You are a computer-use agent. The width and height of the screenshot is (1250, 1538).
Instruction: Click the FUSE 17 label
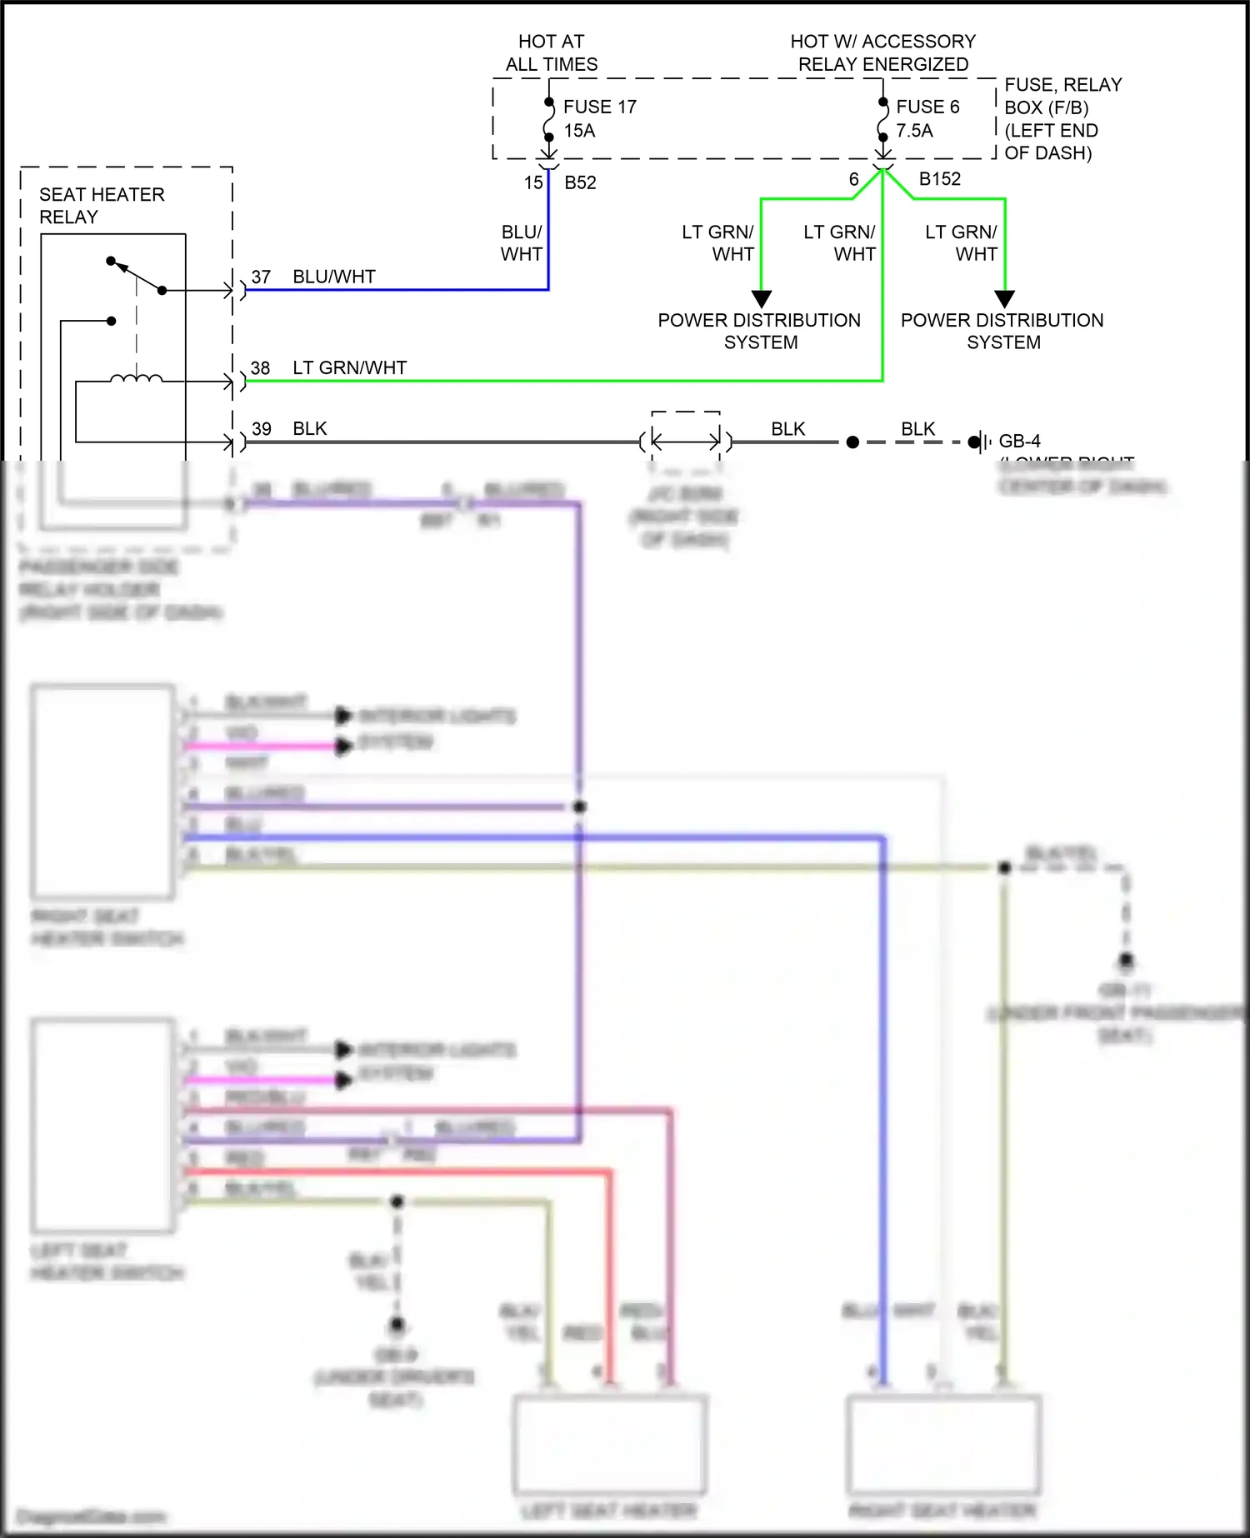599,107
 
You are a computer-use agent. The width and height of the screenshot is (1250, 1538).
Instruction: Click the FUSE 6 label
927,107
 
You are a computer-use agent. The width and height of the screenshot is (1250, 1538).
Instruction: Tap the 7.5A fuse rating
914,131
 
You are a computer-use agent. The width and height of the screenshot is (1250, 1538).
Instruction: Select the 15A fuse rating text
579,131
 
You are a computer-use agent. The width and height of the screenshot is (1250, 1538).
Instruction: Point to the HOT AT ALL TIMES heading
551,52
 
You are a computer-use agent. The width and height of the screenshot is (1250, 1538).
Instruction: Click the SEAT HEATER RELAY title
101,205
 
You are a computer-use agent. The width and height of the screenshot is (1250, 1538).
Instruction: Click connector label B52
580,182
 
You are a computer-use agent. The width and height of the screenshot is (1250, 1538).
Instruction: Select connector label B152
939,179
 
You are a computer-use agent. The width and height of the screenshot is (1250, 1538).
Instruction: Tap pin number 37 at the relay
261,277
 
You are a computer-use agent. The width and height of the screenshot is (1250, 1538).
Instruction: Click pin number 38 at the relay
260,368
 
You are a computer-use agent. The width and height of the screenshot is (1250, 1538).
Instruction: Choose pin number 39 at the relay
261,429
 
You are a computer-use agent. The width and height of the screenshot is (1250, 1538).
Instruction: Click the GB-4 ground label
1019,441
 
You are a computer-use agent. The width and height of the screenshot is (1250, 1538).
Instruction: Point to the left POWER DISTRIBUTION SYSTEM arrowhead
762,298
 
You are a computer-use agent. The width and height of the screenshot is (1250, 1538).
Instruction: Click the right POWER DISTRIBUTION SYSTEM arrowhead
1005,298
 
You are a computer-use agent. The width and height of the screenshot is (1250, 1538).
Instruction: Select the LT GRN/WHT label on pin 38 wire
349,368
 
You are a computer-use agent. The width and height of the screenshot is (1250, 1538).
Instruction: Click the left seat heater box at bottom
610,1445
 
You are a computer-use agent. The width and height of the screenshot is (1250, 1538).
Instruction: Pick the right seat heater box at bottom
943,1445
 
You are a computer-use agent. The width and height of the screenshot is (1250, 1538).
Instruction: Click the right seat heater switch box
103,791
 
